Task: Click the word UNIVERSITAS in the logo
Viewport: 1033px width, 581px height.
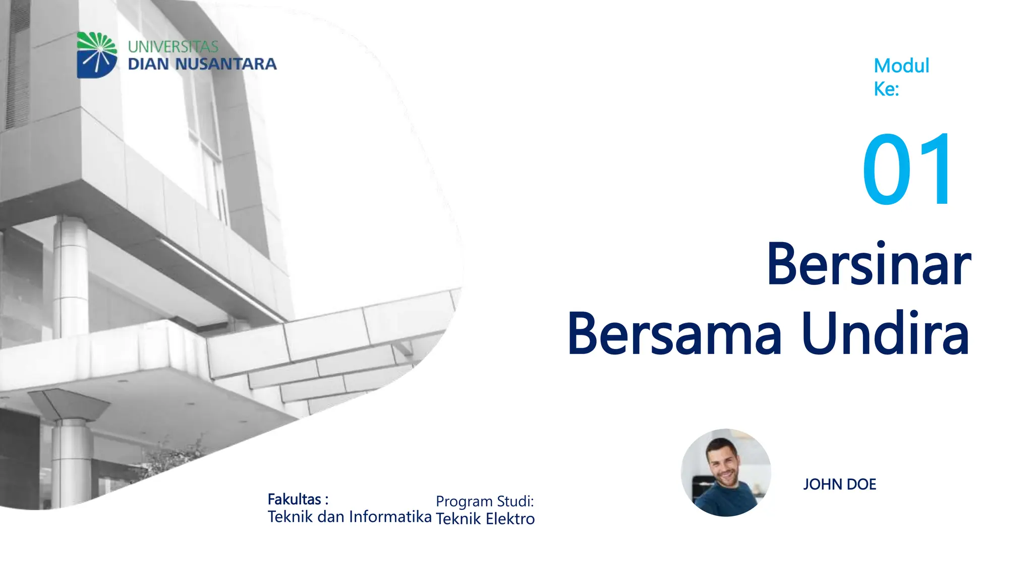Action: point(173,47)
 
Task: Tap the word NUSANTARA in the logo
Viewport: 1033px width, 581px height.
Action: point(226,64)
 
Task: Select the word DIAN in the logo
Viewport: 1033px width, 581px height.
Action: point(148,64)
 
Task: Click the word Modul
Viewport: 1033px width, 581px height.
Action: point(901,66)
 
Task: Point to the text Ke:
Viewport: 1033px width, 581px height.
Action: point(886,89)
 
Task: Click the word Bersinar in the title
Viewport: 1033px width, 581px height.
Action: point(868,265)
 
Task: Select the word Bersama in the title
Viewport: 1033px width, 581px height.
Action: point(674,334)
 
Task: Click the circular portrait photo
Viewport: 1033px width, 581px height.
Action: point(726,473)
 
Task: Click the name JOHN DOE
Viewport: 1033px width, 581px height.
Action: point(839,484)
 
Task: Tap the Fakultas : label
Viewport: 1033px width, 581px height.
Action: point(298,499)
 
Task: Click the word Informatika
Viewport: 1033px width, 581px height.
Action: point(390,517)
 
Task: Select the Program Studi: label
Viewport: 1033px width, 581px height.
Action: point(484,501)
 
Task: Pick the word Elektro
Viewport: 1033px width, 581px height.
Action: point(510,519)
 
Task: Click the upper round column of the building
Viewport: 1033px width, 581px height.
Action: point(71,277)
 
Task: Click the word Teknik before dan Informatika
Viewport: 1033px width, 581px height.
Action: point(290,517)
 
